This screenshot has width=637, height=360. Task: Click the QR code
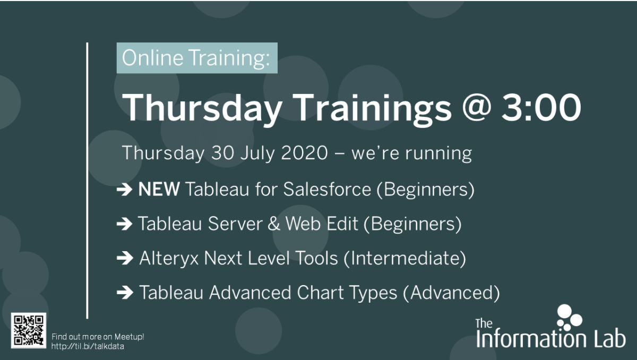click(29, 331)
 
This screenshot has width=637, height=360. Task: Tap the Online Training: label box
click(197, 58)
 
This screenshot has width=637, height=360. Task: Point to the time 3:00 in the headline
click(541, 107)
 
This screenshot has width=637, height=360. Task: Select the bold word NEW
click(159, 189)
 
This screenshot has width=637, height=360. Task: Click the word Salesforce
click(327, 189)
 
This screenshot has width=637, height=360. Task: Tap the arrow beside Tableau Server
click(125, 224)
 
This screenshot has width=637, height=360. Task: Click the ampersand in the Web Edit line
click(273, 224)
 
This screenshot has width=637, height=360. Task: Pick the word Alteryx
click(169, 259)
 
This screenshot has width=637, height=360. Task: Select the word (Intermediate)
click(405, 259)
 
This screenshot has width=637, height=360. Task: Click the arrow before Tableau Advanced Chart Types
click(125, 293)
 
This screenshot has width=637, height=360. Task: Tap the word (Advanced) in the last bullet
click(451, 293)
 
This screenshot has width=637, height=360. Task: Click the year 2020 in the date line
click(304, 153)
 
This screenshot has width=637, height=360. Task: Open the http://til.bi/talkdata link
click(88, 346)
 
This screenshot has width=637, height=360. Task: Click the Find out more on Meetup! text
click(98, 337)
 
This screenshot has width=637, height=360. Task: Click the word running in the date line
click(438, 154)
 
